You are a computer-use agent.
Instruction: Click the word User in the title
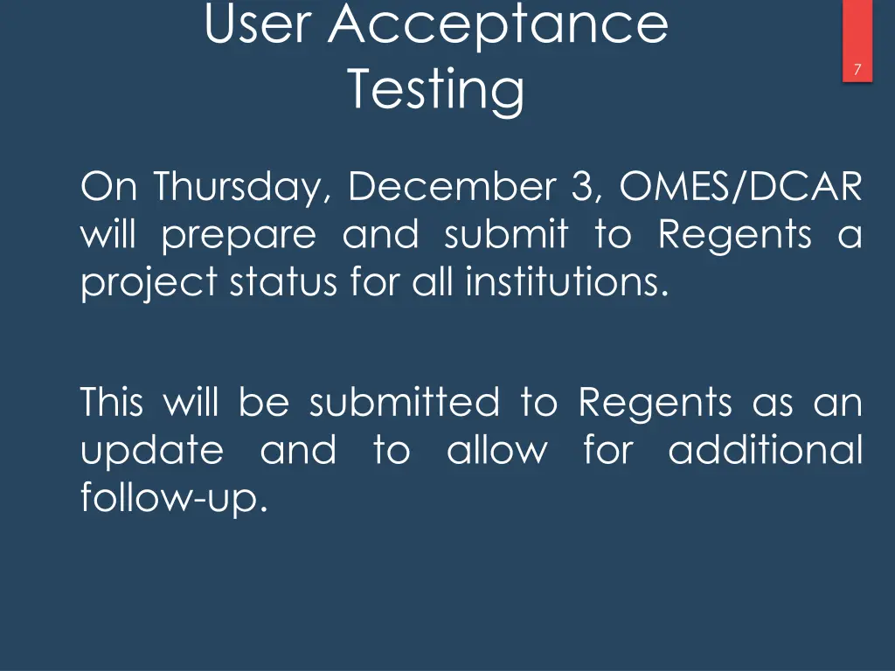coord(257,24)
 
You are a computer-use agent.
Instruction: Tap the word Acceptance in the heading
coord(498,24)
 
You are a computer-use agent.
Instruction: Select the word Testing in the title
coord(436,89)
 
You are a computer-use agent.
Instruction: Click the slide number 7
coord(858,71)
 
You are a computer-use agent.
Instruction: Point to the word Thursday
coord(241,188)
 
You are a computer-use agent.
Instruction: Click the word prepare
coord(239,236)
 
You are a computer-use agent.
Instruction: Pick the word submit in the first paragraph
coord(506,234)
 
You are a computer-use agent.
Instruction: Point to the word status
coord(275,282)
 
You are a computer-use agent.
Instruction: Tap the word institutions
coord(561,282)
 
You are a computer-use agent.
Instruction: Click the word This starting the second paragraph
coord(111,403)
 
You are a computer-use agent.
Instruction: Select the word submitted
coord(404,403)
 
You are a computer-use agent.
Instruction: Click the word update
coord(152,452)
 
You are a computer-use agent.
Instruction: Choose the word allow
coord(497,451)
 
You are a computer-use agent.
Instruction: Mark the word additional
coord(765,451)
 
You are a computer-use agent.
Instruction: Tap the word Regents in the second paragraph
coord(656,404)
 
